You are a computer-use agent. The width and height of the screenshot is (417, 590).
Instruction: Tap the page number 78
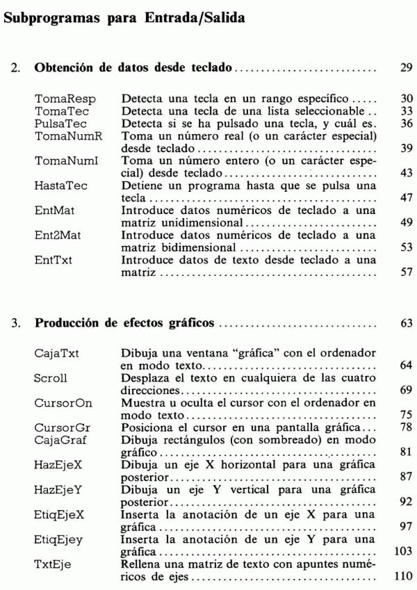click(407, 426)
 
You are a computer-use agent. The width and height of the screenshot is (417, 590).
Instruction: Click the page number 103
click(404, 549)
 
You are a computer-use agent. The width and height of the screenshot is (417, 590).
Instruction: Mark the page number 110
click(404, 574)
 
